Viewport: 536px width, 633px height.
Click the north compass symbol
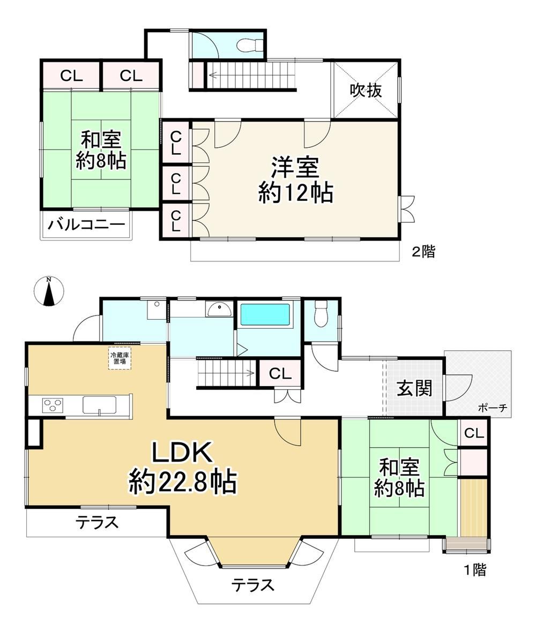click(48, 291)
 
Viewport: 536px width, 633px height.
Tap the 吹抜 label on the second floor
click(366, 90)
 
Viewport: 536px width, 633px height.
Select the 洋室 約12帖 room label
click(296, 180)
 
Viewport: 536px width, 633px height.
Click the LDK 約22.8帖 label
click(183, 468)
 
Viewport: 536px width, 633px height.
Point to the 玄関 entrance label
click(414, 388)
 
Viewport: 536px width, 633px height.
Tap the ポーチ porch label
click(493, 408)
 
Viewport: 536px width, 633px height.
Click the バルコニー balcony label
click(86, 224)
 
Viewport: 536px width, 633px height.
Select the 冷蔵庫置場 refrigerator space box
click(120, 358)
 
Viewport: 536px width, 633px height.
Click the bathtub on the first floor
click(265, 314)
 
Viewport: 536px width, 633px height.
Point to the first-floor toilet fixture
click(322, 314)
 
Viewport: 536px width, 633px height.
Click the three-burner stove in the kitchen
click(53, 405)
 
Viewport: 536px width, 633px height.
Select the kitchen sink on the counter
click(100, 405)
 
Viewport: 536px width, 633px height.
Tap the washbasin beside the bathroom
click(219, 310)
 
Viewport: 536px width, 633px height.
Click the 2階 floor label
click(423, 252)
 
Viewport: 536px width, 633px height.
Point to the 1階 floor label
click(474, 570)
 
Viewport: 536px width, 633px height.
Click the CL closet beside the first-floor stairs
click(280, 373)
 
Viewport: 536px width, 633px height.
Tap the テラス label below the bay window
click(252, 585)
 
